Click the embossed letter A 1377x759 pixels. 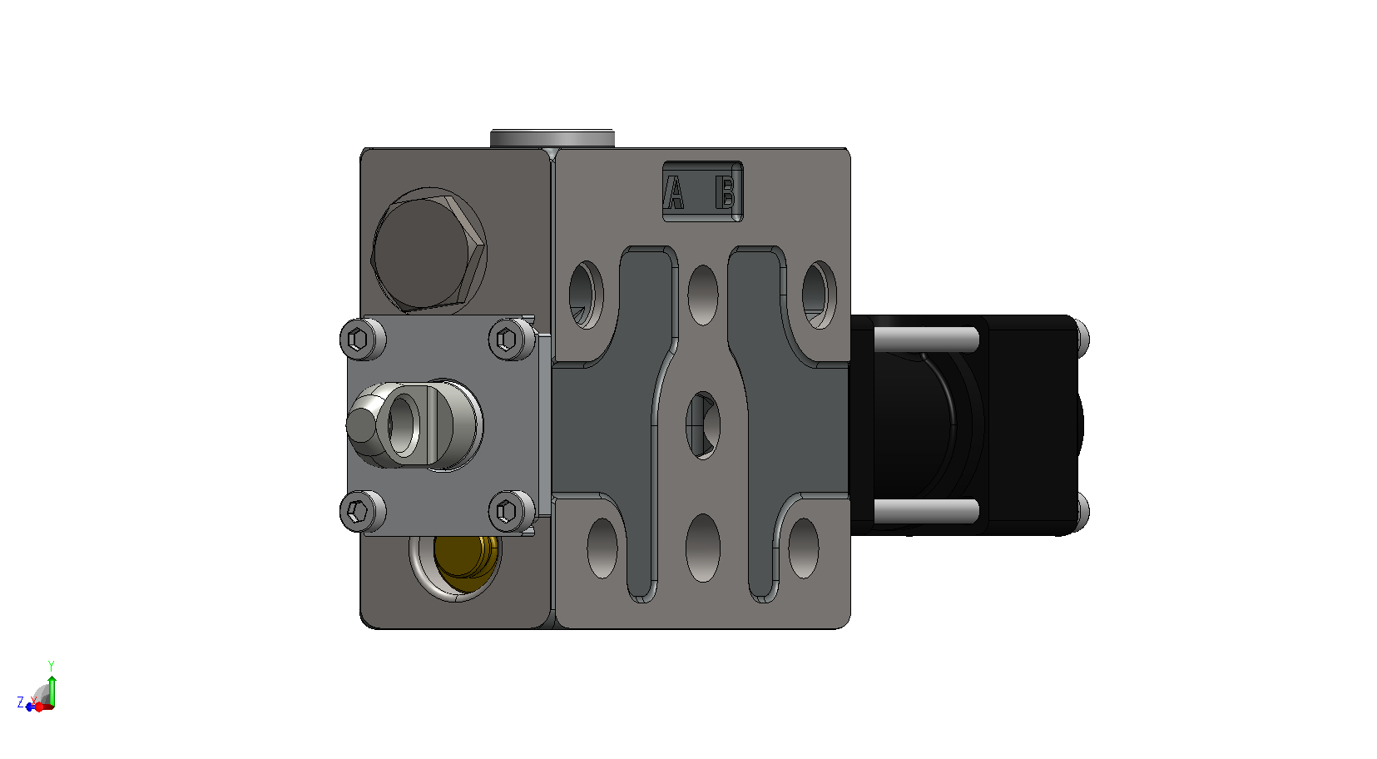click(675, 193)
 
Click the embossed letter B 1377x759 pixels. click(726, 192)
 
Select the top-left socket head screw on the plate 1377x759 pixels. click(363, 338)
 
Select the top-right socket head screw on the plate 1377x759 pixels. click(512, 338)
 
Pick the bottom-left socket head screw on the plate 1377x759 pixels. click(363, 511)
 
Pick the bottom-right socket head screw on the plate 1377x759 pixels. click(512, 511)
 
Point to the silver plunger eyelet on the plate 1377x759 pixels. click(415, 425)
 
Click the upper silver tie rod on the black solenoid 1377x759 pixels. click(926, 339)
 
